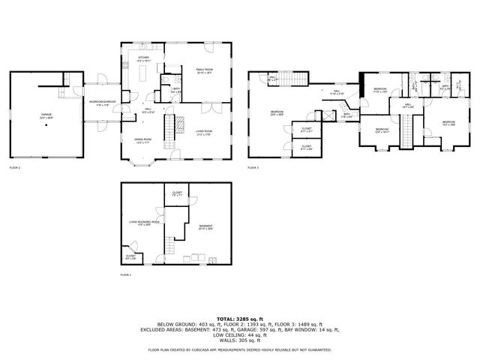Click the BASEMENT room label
205,226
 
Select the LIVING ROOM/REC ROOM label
145,223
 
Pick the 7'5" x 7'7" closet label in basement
177,195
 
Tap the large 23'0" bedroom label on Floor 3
277,113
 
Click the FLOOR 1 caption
125,275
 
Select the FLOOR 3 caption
253,167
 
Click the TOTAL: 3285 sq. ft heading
239,318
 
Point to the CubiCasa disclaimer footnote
239,349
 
